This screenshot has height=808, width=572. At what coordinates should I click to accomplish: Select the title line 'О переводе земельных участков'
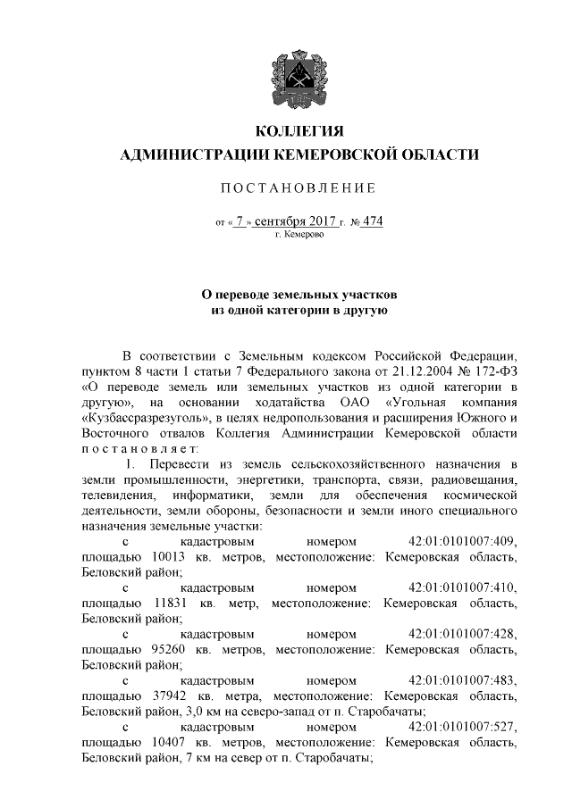(299, 294)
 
